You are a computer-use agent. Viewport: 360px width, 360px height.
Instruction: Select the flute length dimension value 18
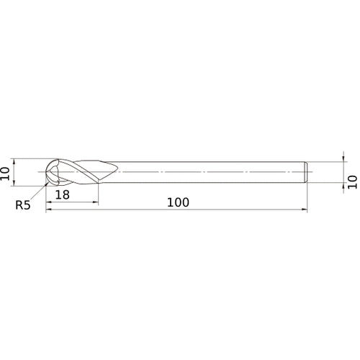[62, 194]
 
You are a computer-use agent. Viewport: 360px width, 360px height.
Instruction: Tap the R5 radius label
[24, 205]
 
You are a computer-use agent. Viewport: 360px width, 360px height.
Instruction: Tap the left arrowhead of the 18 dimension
[50, 201]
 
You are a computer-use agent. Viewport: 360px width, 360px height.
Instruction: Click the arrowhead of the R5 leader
[48, 183]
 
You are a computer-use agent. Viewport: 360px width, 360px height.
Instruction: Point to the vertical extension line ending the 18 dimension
[98, 193]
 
